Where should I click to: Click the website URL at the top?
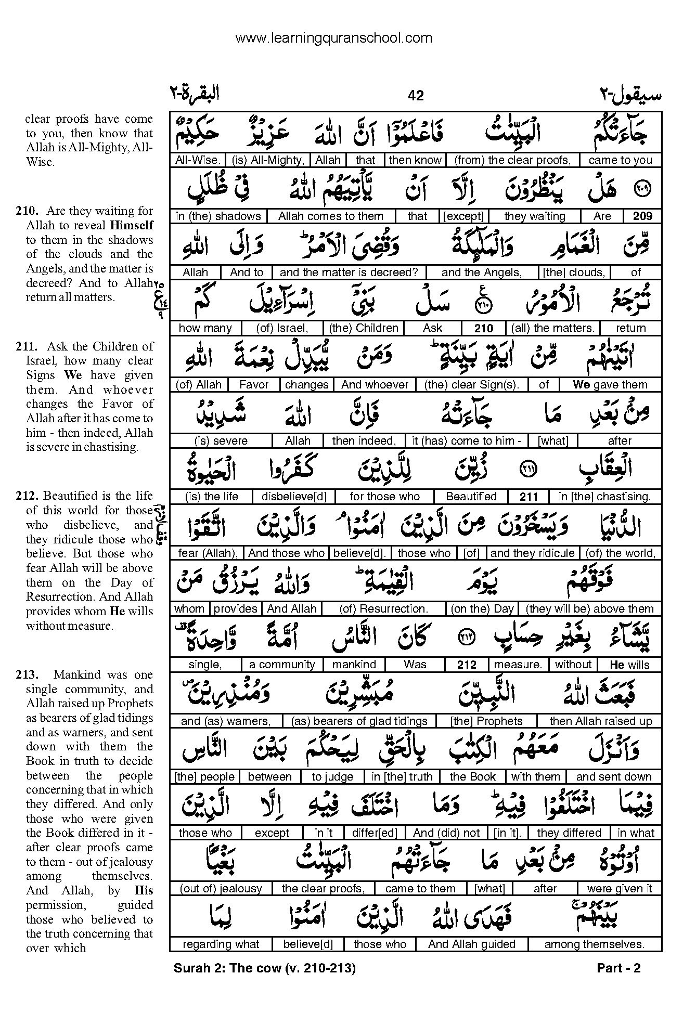(333, 38)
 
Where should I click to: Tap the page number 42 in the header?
(416, 95)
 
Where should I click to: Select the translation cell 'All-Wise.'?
(198, 160)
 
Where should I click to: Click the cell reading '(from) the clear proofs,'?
(512, 160)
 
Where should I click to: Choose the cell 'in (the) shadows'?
(218, 216)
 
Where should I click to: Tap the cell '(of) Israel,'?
(282, 328)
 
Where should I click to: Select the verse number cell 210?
(483, 328)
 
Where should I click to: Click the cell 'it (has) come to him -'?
(466, 441)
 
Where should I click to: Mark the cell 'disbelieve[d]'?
(294, 497)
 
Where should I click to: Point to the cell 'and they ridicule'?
(532, 553)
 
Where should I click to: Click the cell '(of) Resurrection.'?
(383, 609)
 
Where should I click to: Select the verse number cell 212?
(467, 665)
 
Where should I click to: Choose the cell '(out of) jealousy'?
(221, 889)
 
